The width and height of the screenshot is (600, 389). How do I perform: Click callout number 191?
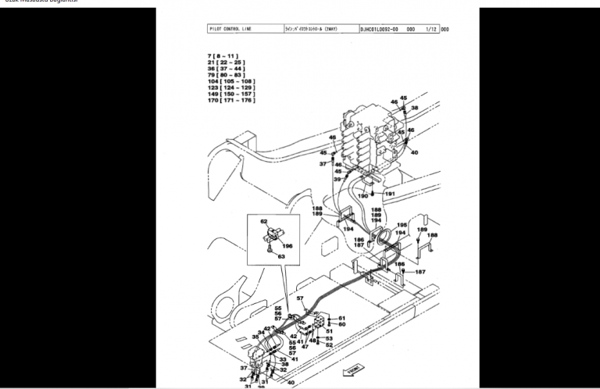[x=390, y=193]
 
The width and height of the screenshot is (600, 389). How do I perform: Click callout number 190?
[x=362, y=196]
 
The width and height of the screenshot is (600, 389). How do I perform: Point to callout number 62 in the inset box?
[x=264, y=222]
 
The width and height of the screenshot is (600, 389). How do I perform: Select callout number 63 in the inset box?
[x=283, y=255]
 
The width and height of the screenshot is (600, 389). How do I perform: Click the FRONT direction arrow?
[x=353, y=369]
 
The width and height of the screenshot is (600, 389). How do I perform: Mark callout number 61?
[x=341, y=318]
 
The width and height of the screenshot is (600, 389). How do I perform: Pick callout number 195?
[x=402, y=225]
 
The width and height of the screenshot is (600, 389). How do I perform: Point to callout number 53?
[x=329, y=338]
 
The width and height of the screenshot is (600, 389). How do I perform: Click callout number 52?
[x=329, y=344]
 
